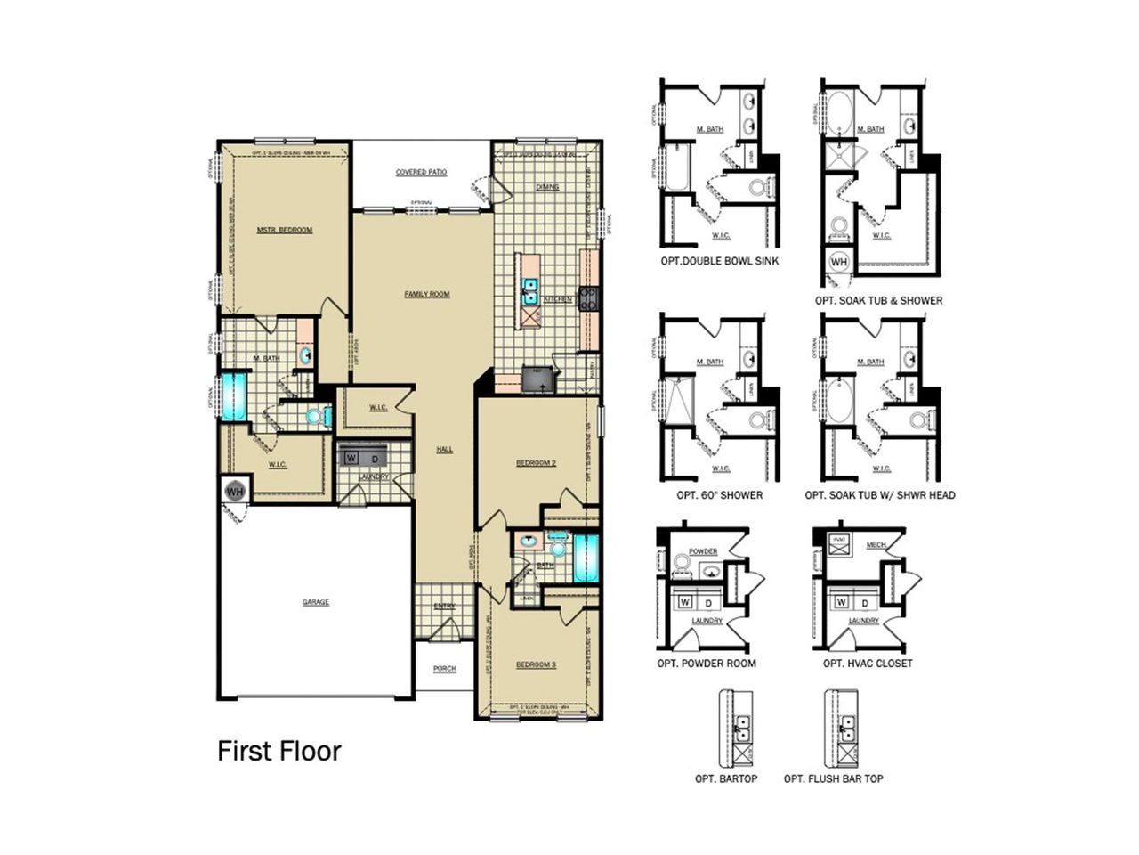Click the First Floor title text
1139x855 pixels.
279,751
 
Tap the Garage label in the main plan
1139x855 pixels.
316,602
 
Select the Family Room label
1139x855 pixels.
427,294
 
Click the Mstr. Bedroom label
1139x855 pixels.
285,230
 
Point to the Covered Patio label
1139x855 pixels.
422,172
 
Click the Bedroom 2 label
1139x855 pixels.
537,463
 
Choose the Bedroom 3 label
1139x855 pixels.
537,664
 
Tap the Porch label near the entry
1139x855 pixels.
444,669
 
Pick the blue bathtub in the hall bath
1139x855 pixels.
586,558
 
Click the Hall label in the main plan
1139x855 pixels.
444,449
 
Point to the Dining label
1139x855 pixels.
547,187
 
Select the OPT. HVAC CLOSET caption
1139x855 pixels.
867,664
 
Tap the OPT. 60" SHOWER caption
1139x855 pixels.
719,495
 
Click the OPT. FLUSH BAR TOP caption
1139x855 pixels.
833,778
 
